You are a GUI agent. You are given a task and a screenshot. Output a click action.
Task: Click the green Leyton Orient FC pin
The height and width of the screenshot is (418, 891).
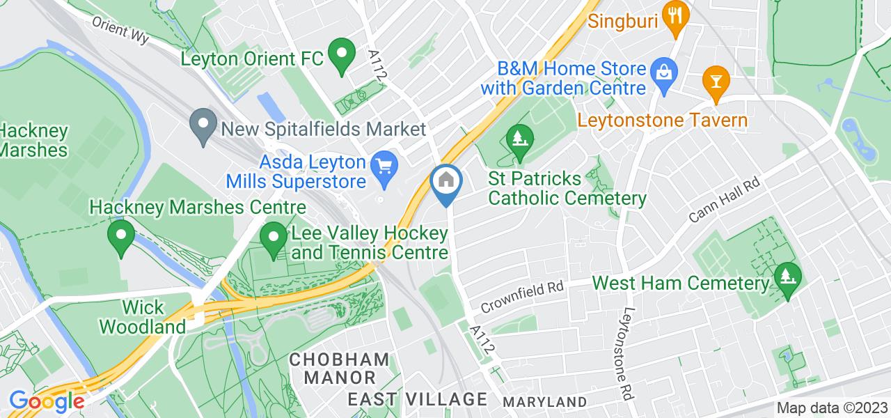(x=341, y=56)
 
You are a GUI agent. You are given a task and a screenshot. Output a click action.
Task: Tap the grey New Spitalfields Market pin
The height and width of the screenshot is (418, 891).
(x=203, y=127)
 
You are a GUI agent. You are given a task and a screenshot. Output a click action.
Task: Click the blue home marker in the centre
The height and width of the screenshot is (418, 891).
(x=445, y=183)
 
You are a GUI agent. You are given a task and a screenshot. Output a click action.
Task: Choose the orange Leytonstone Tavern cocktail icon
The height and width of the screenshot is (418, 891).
(x=714, y=80)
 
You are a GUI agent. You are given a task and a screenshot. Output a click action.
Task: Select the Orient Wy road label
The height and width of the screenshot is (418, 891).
(x=121, y=29)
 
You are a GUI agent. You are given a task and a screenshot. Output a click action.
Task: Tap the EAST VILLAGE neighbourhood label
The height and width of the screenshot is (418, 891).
(x=418, y=399)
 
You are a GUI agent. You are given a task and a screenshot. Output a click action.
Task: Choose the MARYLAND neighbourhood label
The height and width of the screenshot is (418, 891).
(x=544, y=402)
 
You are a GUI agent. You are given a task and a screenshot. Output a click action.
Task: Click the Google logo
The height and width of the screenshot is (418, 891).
(x=47, y=402)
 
